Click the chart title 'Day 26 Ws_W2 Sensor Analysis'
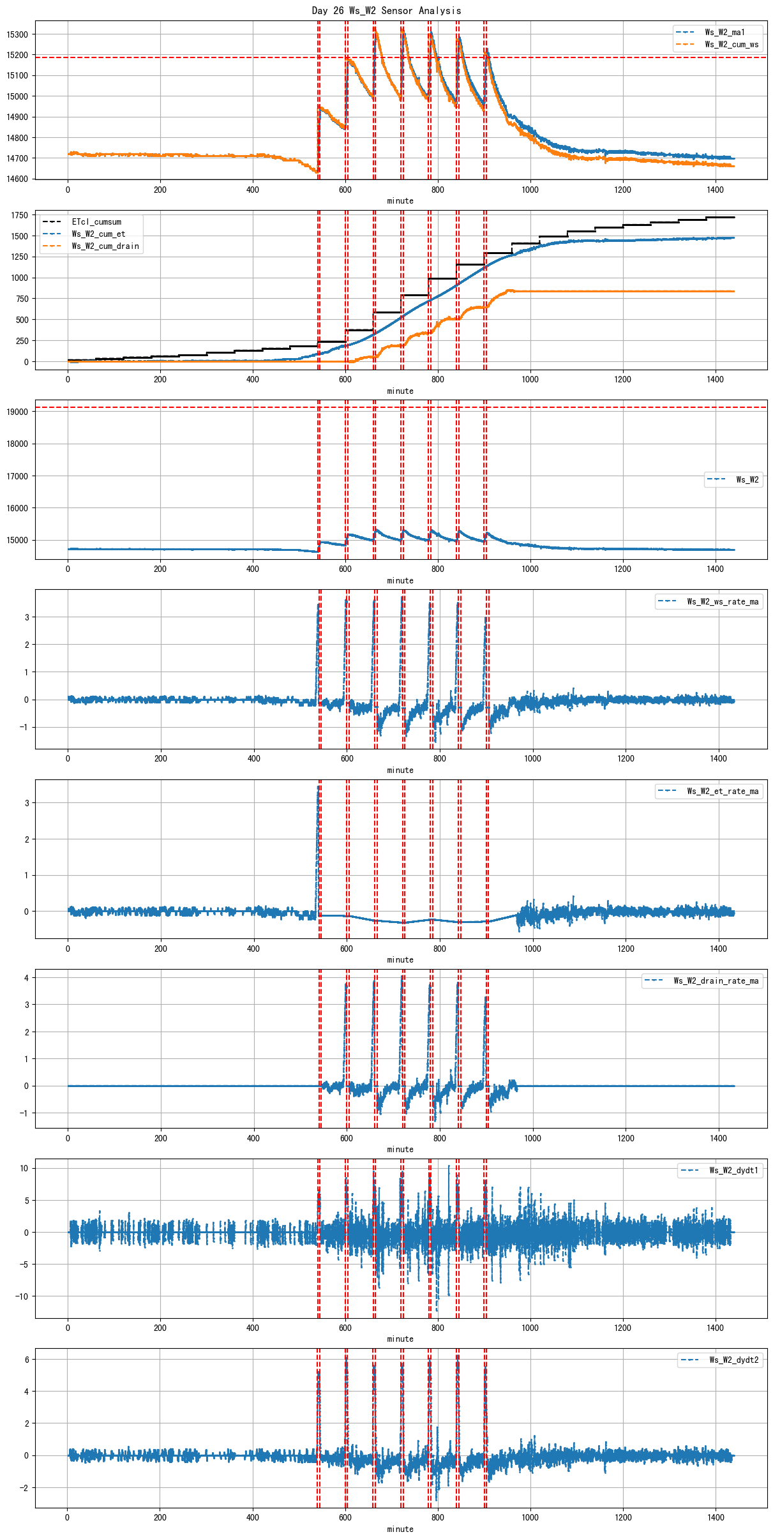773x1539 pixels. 386,10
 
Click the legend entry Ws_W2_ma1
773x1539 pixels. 724,32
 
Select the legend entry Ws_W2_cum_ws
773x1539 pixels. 732,45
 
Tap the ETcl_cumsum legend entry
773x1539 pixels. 96,222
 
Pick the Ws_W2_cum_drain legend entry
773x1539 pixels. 105,246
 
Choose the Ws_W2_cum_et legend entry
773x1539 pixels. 98,234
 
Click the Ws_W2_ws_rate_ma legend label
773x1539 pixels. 723,601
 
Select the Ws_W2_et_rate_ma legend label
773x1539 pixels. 723,792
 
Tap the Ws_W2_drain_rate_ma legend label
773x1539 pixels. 716,981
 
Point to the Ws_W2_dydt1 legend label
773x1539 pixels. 734,1171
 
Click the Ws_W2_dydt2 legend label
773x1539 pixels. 734,1360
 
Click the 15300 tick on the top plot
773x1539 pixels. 17,34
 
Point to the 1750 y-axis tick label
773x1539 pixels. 20,216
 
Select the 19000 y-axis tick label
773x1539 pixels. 17,412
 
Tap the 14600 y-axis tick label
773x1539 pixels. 17,179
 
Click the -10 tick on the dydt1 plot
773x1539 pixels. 22,1296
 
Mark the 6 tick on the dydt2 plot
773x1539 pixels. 26,1360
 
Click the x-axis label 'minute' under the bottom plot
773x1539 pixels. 400,1529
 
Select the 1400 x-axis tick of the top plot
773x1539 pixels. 715,190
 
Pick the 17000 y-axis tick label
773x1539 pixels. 17,476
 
